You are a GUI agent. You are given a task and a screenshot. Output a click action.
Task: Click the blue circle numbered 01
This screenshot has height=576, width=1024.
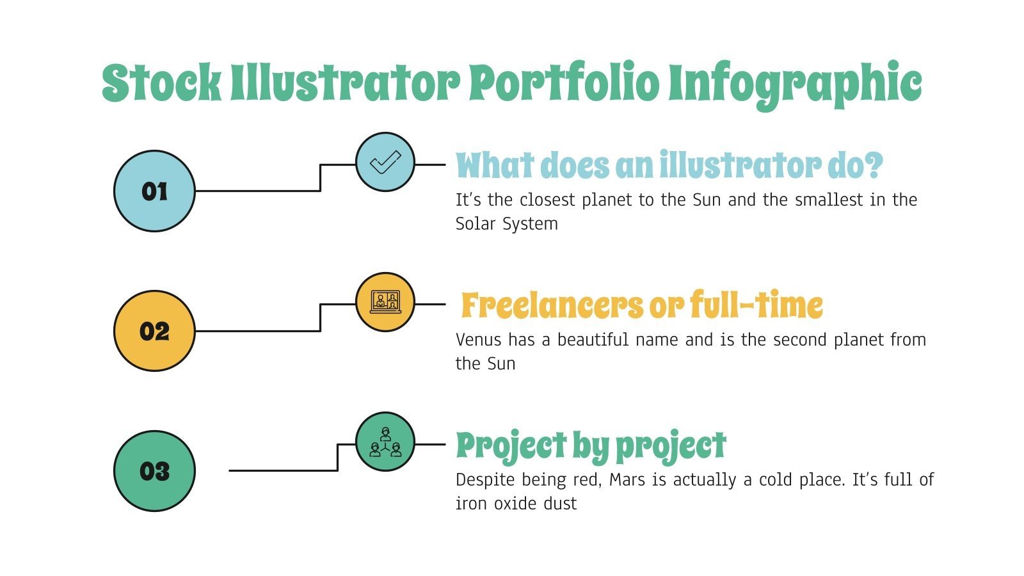154,191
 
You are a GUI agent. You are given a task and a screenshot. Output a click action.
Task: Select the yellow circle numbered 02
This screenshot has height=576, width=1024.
154,331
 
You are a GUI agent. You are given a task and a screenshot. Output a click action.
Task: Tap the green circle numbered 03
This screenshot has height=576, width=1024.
154,471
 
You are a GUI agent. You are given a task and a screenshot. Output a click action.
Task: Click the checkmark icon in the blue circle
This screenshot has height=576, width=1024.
385,162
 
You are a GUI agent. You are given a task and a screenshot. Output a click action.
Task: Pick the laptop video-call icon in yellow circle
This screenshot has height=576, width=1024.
385,302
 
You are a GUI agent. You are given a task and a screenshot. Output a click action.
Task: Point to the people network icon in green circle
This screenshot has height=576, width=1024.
385,442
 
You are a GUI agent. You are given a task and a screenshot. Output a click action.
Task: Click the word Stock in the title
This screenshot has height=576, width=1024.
161,84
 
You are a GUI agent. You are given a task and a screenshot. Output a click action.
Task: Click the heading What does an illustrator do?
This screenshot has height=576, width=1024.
669,165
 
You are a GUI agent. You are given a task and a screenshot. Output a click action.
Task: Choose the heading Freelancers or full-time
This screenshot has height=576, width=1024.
642,305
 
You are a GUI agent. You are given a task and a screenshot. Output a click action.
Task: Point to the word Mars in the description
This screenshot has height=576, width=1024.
627,480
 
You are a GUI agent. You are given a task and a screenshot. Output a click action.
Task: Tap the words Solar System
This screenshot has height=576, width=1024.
506,224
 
